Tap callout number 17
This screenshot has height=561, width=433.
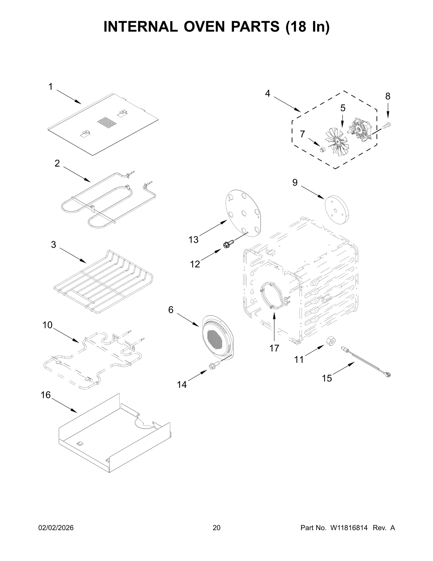(274, 348)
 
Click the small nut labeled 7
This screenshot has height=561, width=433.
(322, 149)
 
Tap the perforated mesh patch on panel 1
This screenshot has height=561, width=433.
(107, 123)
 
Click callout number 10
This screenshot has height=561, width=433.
(47, 325)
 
